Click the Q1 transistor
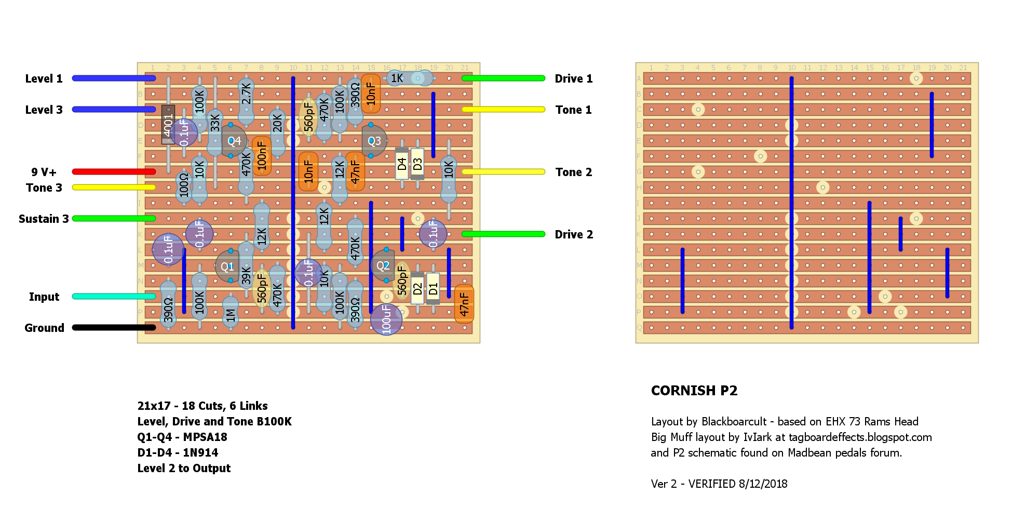pyautogui.click(x=227, y=266)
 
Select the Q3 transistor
pyautogui.click(x=374, y=141)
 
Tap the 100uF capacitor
pyautogui.click(x=386, y=318)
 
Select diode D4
pyautogui.click(x=402, y=164)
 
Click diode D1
pyautogui.click(x=433, y=288)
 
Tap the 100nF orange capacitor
pyautogui.click(x=262, y=156)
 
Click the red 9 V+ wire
pyautogui.click(x=114, y=172)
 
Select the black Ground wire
pyautogui.click(x=114, y=328)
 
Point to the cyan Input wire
pyautogui.click(x=114, y=297)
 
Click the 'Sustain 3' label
pyautogui.click(x=44, y=219)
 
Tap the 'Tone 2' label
pyautogui.click(x=573, y=172)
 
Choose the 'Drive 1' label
pyautogui.click(x=573, y=79)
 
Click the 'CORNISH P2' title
pyautogui.click(x=694, y=391)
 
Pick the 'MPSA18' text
pyautogui.click(x=205, y=437)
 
